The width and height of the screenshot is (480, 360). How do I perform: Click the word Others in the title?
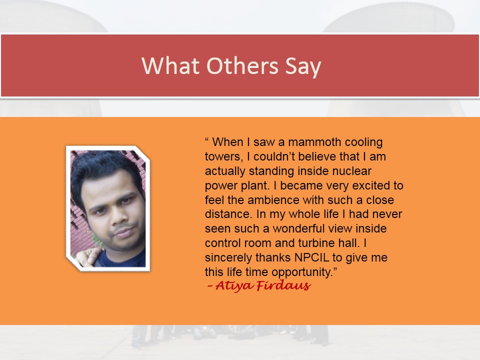[x=242, y=65]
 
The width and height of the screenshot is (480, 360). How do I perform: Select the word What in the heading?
[x=170, y=65]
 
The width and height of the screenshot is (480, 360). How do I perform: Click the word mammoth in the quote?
[x=310, y=142]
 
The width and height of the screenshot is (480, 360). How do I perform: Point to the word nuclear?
[x=351, y=171]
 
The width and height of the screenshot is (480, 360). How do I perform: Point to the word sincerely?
[x=228, y=258]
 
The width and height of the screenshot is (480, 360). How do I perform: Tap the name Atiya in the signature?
[x=234, y=286]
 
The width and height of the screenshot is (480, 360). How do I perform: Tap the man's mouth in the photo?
[x=124, y=233]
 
